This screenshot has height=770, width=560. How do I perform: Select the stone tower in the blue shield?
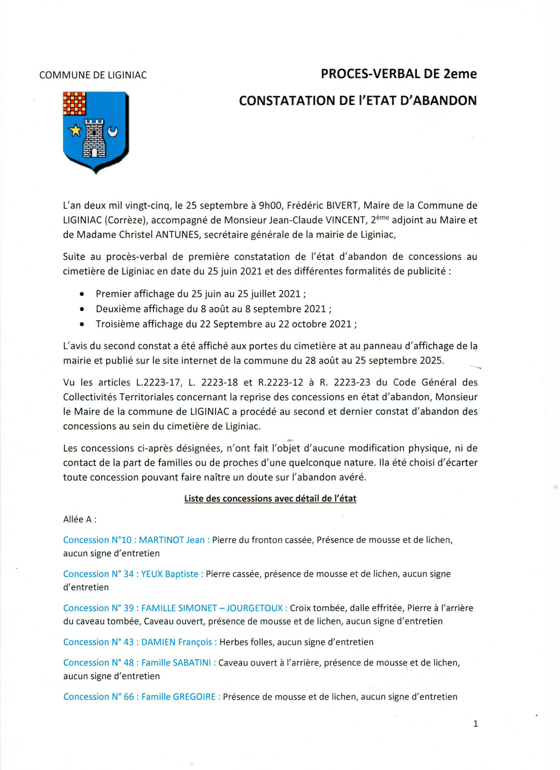tap(94, 138)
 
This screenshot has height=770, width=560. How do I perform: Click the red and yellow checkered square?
tap(74, 103)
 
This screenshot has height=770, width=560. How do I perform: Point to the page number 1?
tap(475, 723)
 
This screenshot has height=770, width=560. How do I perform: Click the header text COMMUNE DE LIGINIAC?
tap(93, 75)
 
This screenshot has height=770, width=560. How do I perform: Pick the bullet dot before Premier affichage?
tap(82, 294)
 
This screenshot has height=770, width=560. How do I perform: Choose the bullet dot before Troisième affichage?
tap(82, 324)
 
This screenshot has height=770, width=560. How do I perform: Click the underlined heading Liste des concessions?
tap(270, 498)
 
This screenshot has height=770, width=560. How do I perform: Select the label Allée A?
tap(79, 519)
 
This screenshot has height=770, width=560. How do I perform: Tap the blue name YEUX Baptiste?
tap(169, 574)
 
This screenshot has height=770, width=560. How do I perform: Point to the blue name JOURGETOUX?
tap(254, 608)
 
